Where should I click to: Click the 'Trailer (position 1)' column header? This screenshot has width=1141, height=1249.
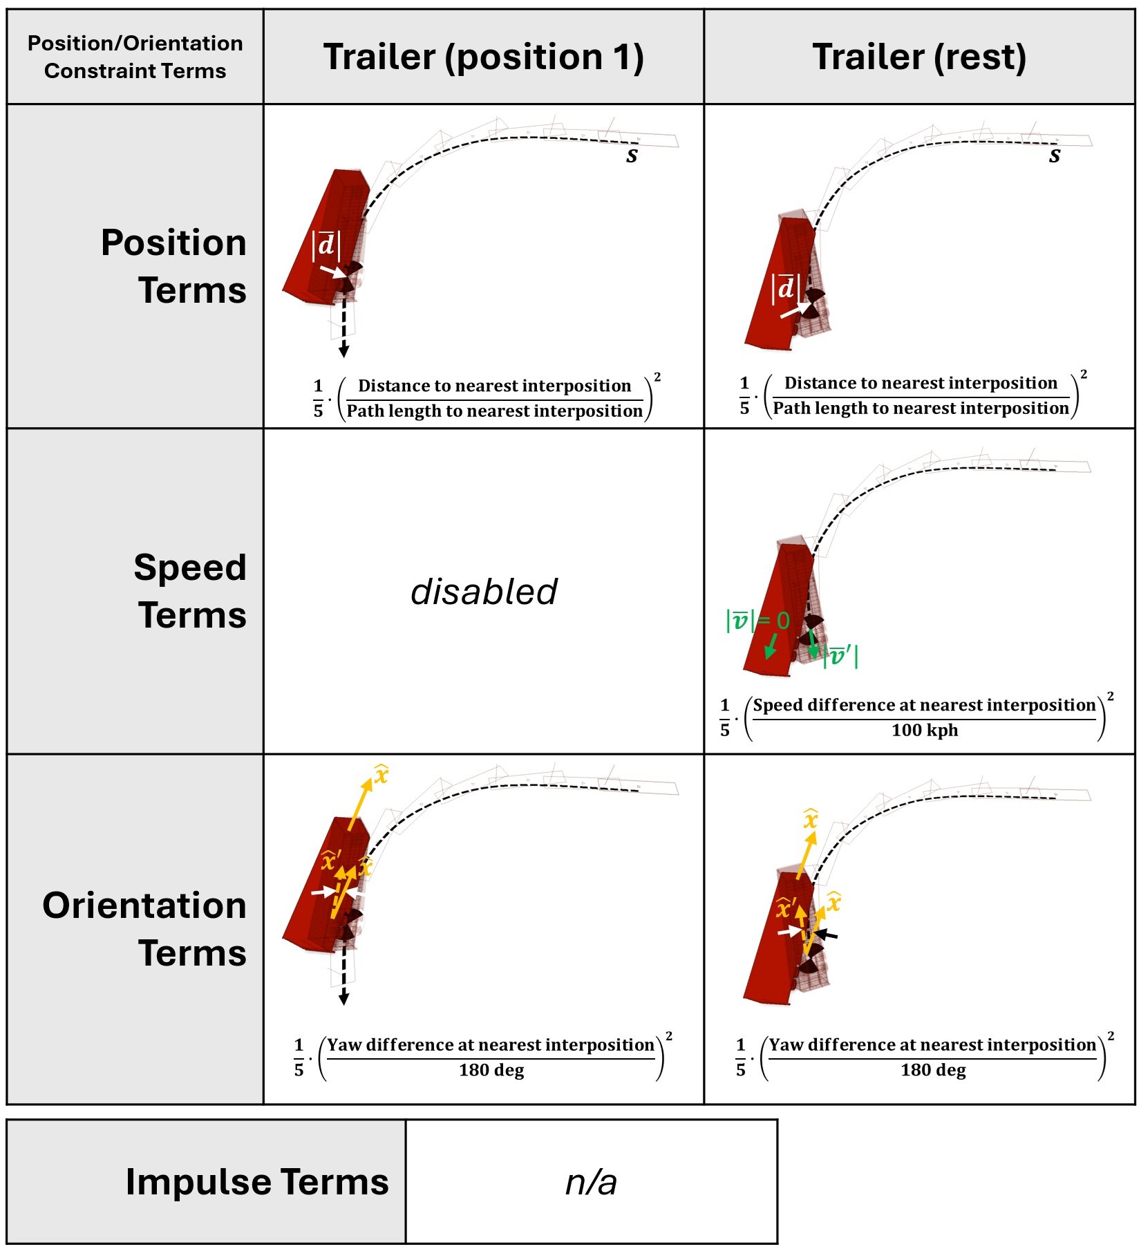coord(483,57)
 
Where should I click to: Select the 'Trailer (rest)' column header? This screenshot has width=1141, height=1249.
coord(919,57)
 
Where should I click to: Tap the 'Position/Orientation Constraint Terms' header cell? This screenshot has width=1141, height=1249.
coord(135,57)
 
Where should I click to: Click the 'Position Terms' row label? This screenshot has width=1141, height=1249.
coord(173,266)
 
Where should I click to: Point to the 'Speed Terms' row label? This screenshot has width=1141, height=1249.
coord(190,591)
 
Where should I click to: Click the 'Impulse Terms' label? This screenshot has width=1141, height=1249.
coord(257,1181)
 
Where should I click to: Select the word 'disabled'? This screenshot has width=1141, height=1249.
coord(484,592)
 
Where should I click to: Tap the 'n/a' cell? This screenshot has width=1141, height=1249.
coord(591,1182)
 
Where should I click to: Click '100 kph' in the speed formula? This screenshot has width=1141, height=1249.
coord(925,730)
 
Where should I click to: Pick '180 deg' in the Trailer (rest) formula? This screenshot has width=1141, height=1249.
coord(933,1070)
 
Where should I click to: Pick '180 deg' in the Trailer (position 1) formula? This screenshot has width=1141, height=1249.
coord(491,1070)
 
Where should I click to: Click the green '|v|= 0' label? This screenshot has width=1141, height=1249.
coord(757,621)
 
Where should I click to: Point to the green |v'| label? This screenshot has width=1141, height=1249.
coord(840,655)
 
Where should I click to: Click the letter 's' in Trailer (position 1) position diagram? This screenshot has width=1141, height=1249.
coord(632,156)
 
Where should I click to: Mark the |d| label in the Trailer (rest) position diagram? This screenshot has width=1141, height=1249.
coord(786,288)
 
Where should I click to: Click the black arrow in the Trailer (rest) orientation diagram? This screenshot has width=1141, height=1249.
coord(826,935)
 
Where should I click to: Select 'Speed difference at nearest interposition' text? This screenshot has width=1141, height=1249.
coord(924,705)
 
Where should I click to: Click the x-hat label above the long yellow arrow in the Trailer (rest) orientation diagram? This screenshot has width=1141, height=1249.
coord(811,819)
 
